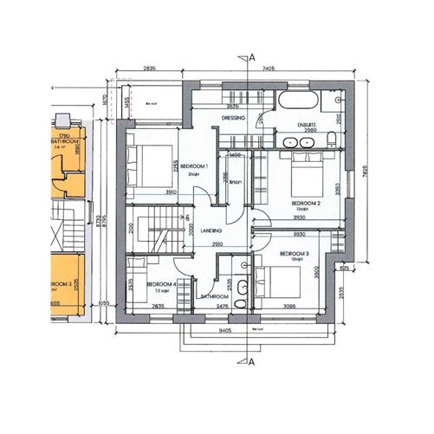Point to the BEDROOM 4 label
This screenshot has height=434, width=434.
pyautogui.click(x=162, y=284)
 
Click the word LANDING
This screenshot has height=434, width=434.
pyautogui.click(x=211, y=231)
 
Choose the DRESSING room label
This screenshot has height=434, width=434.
pyautogui.click(x=235, y=117)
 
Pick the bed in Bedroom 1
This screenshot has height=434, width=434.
pyautogui.click(x=145, y=162)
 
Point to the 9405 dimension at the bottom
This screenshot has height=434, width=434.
pyautogui.click(x=224, y=332)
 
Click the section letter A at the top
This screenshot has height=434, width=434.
pyautogui.click(x=252, y=57)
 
